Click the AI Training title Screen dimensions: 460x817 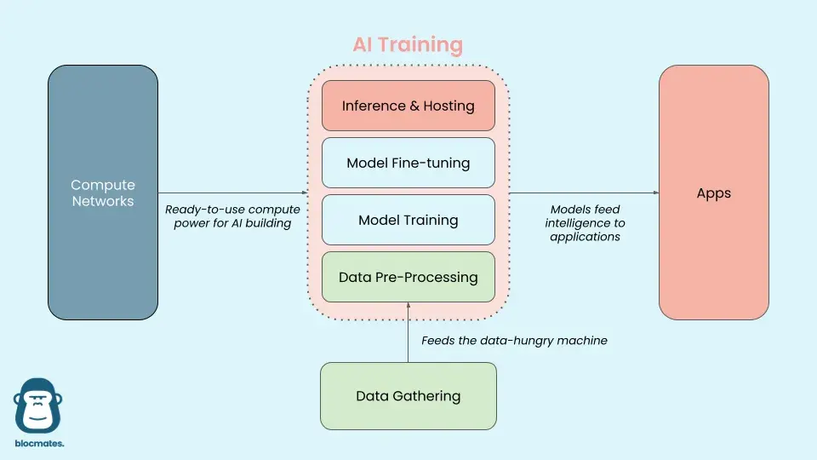tap(408, 45)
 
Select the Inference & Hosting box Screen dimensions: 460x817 tap(408, 106)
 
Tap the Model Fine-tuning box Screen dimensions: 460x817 tap(408, 163)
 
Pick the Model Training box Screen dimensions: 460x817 tap(408, 220)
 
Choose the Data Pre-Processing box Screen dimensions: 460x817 tap(408, 277)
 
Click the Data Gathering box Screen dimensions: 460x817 tap(408, 396)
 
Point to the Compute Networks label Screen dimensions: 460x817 tap(103, 193)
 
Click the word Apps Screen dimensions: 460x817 tap(713, 193)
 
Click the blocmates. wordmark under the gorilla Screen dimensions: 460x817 tap(39, 444)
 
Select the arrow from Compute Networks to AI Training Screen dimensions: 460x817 tap(231, 193)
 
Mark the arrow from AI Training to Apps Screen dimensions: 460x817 tap(584, 193)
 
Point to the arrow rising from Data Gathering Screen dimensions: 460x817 tap(408, 332)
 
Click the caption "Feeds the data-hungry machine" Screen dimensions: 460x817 tap(514, 341)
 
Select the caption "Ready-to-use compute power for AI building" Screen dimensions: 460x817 tap(232, 216)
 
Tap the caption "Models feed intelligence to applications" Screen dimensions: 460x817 tap(586, 223)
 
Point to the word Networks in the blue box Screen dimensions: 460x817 tap(103, 202)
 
